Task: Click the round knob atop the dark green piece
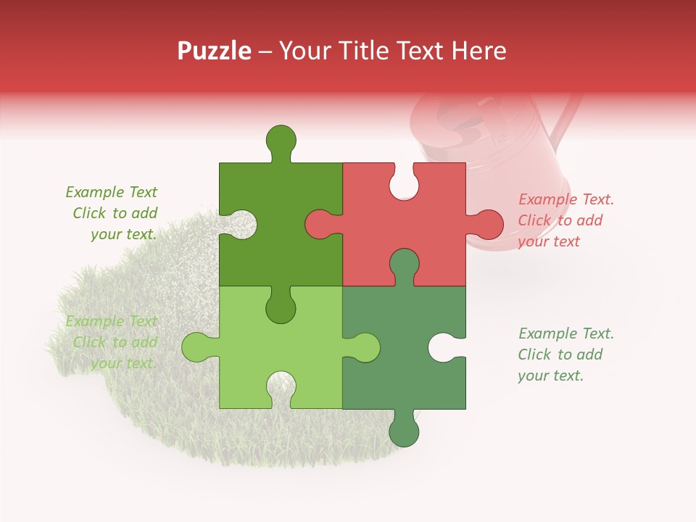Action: tap(281, 139)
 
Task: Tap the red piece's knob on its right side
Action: tap(485, 224)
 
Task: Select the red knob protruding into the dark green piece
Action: tap(320, 224)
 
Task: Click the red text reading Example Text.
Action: tap(566, 199)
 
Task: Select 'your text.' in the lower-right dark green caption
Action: tap(550, 376)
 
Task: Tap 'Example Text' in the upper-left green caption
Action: tap(111, 192)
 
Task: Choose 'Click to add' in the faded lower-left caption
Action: tap(115, 342)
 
